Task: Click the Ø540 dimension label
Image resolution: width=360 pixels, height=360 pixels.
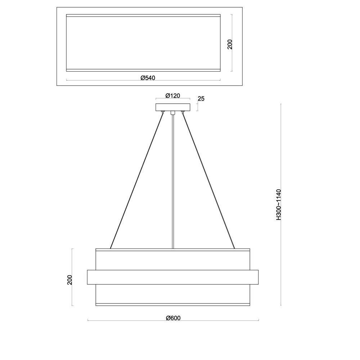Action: point(148,78)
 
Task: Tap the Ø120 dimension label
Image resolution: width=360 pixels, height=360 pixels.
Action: point(173,95)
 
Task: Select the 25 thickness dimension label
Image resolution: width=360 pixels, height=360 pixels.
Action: point(201,99)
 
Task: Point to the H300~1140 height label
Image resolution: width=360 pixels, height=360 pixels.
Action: point(279,204)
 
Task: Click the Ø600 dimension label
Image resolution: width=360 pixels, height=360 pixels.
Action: point(173,318)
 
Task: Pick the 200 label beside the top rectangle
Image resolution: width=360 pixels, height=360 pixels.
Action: point(230,44)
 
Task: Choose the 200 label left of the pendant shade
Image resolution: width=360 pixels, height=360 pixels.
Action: point(69,280)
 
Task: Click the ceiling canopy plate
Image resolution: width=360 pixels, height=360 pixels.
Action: point(173,107)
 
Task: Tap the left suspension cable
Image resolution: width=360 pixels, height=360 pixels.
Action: point(137,180)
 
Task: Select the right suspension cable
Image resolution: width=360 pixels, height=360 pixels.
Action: point(208,180)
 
